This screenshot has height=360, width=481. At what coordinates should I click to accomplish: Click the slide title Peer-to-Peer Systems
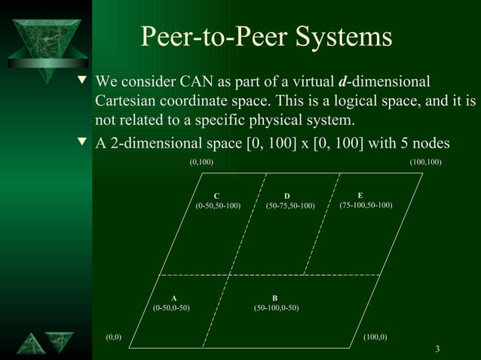(267, 37)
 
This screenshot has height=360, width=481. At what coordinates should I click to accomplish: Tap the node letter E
(360, 195)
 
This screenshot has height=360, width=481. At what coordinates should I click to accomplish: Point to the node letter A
(173, 298)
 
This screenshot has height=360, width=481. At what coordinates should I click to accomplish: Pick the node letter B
(274, 298)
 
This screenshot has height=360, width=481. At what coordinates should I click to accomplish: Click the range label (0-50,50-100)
(218, 206)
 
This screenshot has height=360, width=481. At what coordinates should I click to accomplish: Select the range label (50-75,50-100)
(290, 206)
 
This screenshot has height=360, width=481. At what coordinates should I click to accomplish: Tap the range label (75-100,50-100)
(366, 205)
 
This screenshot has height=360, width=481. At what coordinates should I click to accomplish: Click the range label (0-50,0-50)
(171, 307)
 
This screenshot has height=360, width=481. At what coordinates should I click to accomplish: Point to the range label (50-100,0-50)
(277, 307)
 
